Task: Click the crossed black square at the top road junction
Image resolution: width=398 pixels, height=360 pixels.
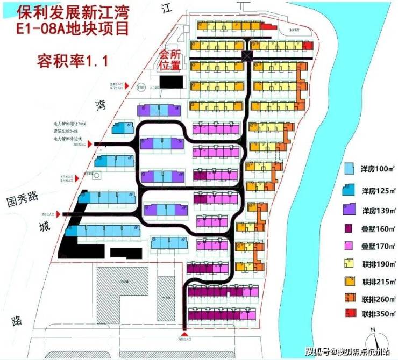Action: [247, 55]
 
